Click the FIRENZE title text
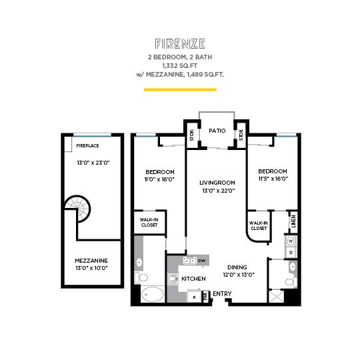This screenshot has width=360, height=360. point(179,44)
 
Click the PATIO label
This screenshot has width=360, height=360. point(216,131)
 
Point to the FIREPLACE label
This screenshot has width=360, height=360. point(87,145)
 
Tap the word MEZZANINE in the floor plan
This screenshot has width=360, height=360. point(91,260)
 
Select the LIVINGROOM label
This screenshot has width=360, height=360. point(218,182)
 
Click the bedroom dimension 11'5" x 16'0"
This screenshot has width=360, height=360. point(273,178)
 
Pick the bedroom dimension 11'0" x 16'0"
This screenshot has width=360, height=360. point(159,179)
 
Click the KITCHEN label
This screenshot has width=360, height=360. point(193,278)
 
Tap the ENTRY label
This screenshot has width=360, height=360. point(222,293)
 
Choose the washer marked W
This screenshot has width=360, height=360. point(291,241)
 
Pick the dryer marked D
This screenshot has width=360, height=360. point(291,253)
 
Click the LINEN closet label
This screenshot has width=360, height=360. point(293,220)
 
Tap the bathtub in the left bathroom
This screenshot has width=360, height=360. point(153,294)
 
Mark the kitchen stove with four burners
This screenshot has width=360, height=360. point(173,279)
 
